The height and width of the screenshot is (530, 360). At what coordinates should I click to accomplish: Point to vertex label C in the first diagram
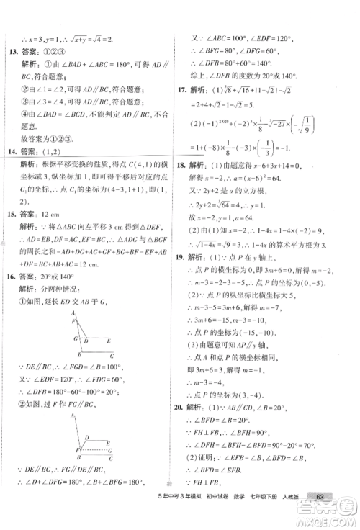pos(111,356)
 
